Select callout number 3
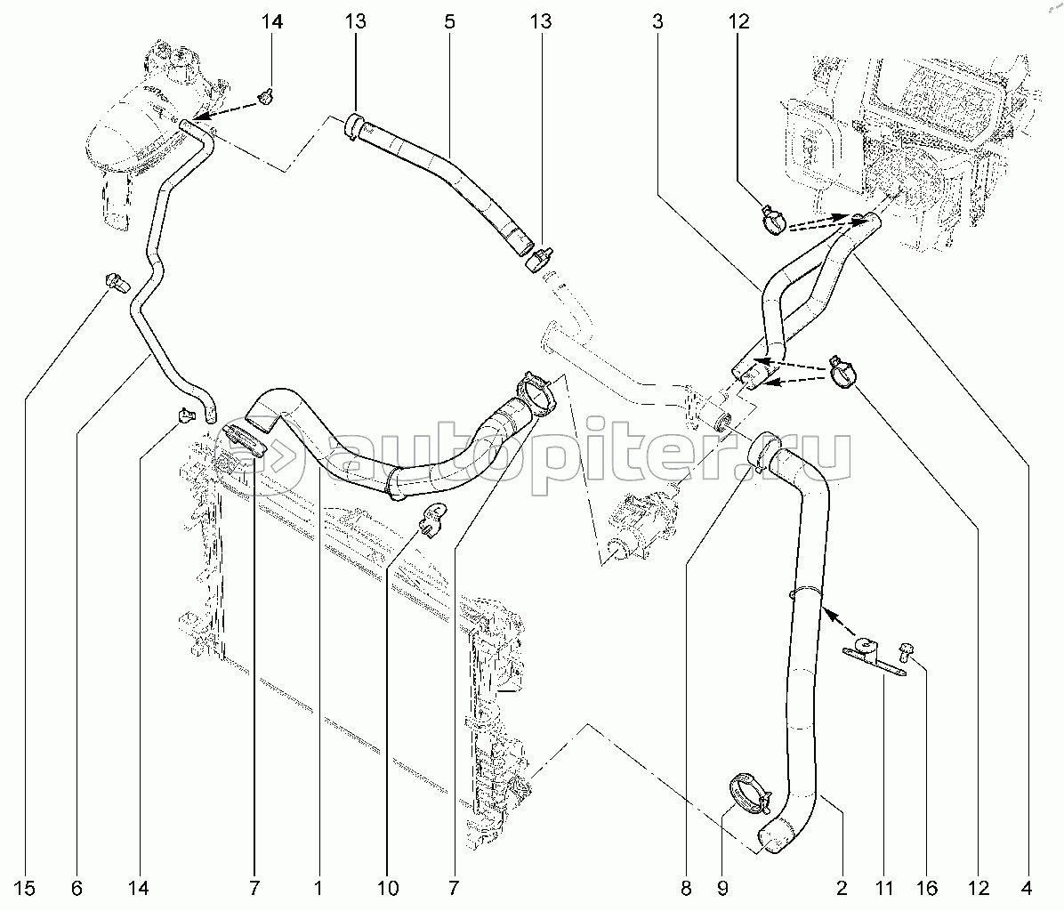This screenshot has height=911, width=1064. (x=657, y=22)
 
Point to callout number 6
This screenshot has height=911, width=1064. (x=77, y=887)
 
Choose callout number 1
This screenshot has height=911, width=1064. (x=318, y=887)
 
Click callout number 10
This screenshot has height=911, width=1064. (x=387, y=887)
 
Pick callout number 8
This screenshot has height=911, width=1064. (x=686, y=887)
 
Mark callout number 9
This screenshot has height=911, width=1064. (x=722, y=887)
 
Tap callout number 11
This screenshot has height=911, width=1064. (x=883, y=887)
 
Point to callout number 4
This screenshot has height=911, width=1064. (x=1027, y=887)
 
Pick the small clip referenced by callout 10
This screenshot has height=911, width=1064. (x=433, y=517)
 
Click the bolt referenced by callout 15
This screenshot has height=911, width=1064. (x=115, y=281)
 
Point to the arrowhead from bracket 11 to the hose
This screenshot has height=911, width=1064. (x=826, y=612)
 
